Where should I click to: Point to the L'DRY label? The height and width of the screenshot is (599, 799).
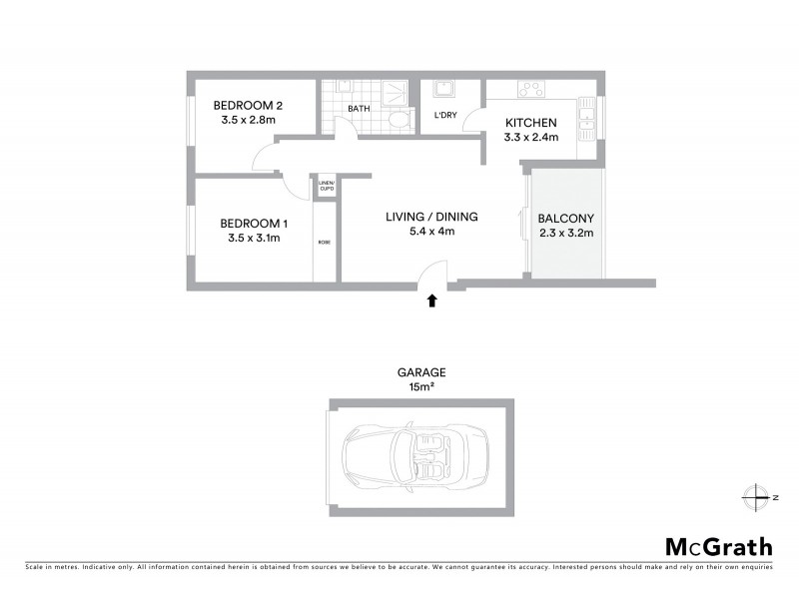(445, 115)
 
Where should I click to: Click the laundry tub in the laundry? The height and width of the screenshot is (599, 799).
(442, 91)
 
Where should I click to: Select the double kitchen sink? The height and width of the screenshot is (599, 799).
(587, 120)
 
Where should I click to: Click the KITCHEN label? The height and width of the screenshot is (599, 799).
(531, 123)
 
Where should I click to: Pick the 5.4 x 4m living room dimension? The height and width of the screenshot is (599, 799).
(431, 232)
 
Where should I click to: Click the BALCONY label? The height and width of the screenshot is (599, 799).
(565, 219)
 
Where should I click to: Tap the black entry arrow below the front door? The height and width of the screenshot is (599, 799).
(432, 299)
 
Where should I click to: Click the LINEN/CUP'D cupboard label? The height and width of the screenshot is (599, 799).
(326, 186)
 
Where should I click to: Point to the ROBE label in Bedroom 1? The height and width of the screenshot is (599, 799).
(324, 243)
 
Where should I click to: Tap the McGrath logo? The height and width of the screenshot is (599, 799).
(718, 546)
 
